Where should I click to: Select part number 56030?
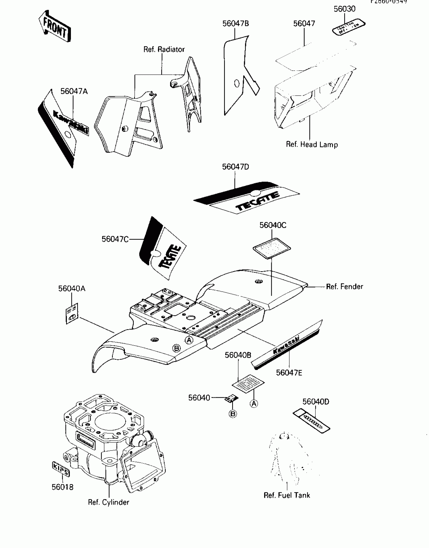[344, 9]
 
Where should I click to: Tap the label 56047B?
[235, 23]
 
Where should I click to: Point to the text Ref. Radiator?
[164, 49]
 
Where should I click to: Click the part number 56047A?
[74, 91]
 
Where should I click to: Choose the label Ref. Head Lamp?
[312, 144]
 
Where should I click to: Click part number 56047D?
[235, 167]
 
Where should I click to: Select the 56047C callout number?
[115, 239]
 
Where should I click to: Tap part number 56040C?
[273, 225]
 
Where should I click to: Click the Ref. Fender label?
[344, 287]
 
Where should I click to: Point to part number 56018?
[63, 487]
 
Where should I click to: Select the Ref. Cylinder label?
[109, 502]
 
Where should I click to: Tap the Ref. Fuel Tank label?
[287, 495]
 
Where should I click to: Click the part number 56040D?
[316, 402]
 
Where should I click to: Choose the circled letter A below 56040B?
[254, 404]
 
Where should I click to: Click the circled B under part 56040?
[233, 414]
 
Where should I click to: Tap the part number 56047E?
[289, 373]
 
